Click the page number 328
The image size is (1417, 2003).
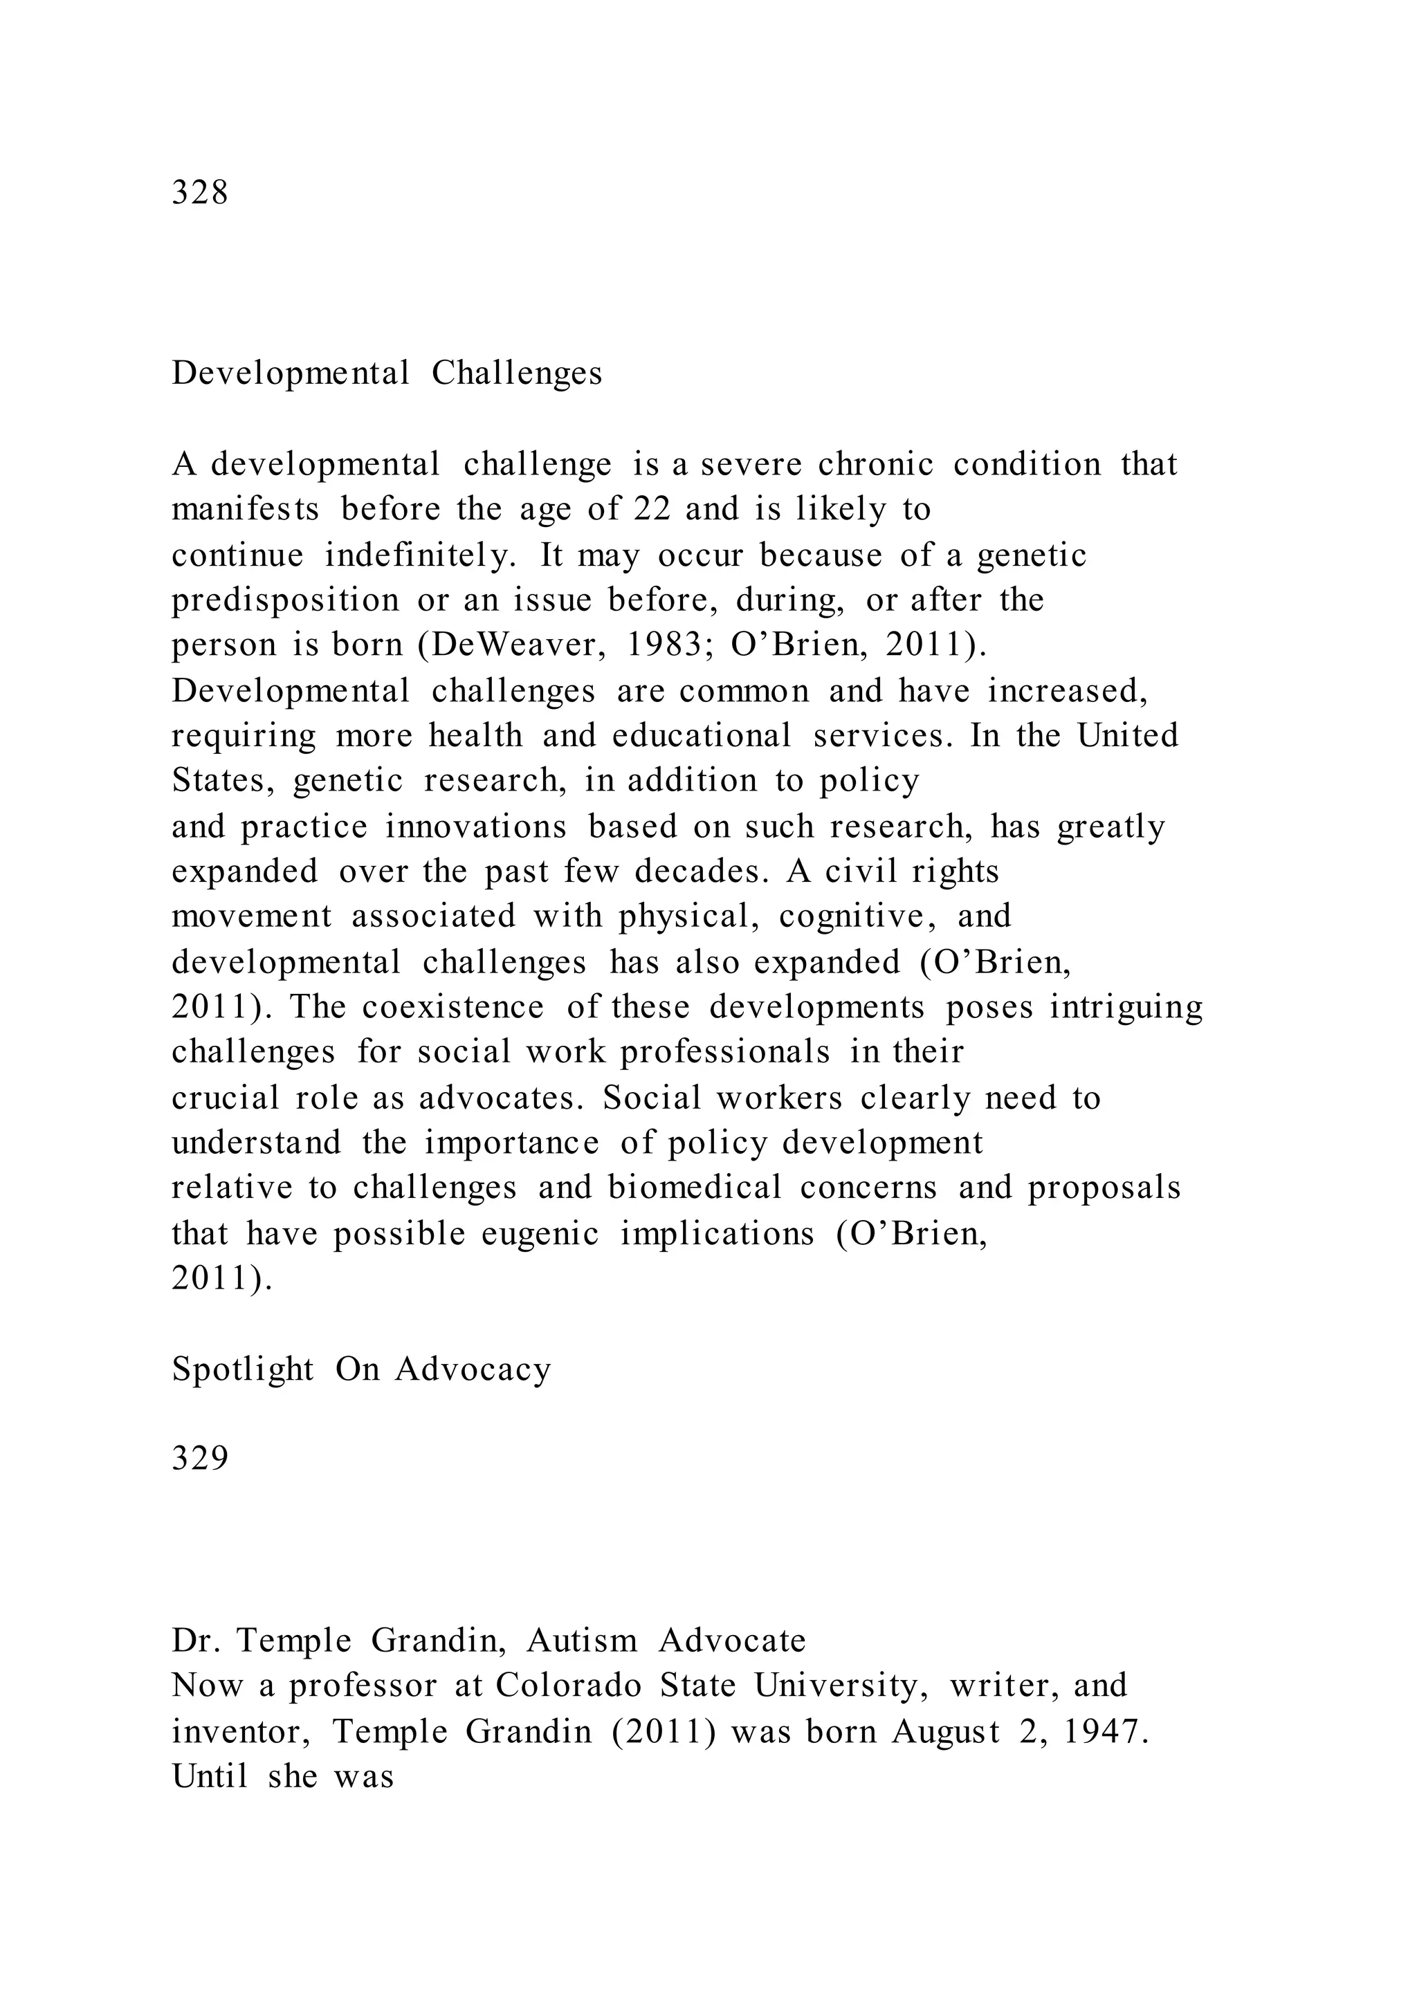tap(200, 192)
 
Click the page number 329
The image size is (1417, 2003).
tap(200, 1458)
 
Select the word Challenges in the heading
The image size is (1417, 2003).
tap(517, 373)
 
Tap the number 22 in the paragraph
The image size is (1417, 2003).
tap(652, 508)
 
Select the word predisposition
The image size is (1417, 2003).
tap(284, 600)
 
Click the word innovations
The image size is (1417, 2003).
tap(475, 826)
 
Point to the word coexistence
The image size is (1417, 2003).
tap(453, 1007)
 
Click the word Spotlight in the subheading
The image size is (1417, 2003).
tap(243, 1369)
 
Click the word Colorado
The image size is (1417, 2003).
tap(568, 1685)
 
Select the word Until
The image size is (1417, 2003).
tap(210, 1775)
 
